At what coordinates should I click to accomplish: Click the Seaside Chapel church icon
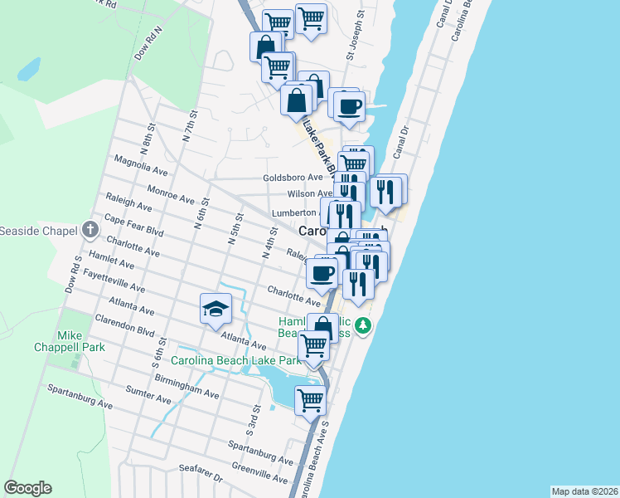pos(90,230)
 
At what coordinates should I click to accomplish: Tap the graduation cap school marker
pos(215,309)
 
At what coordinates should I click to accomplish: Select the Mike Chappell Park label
pos(70,341)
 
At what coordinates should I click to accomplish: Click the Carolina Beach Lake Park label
pos(236,361)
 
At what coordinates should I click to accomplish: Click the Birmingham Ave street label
pos(186,386)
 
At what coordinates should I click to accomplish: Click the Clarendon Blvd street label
pos(125,327)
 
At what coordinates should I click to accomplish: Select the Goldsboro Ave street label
pos(293,178)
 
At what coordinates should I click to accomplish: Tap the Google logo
pos(27,488)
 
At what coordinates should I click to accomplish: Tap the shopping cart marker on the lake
pos(310,399)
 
